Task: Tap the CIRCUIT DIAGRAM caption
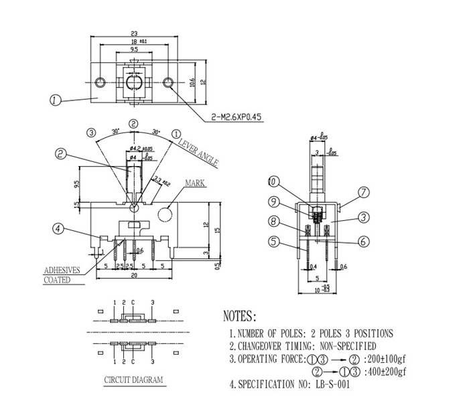pos(133,380)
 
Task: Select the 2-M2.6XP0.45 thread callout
pos(237,117)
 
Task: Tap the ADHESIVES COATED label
pos(62,275)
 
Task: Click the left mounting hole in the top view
pos(100,82)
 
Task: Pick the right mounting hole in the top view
pos(169,82)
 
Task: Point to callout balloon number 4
pos(59,229)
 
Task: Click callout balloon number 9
pos(273,201)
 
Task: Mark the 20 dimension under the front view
pos(134,275)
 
